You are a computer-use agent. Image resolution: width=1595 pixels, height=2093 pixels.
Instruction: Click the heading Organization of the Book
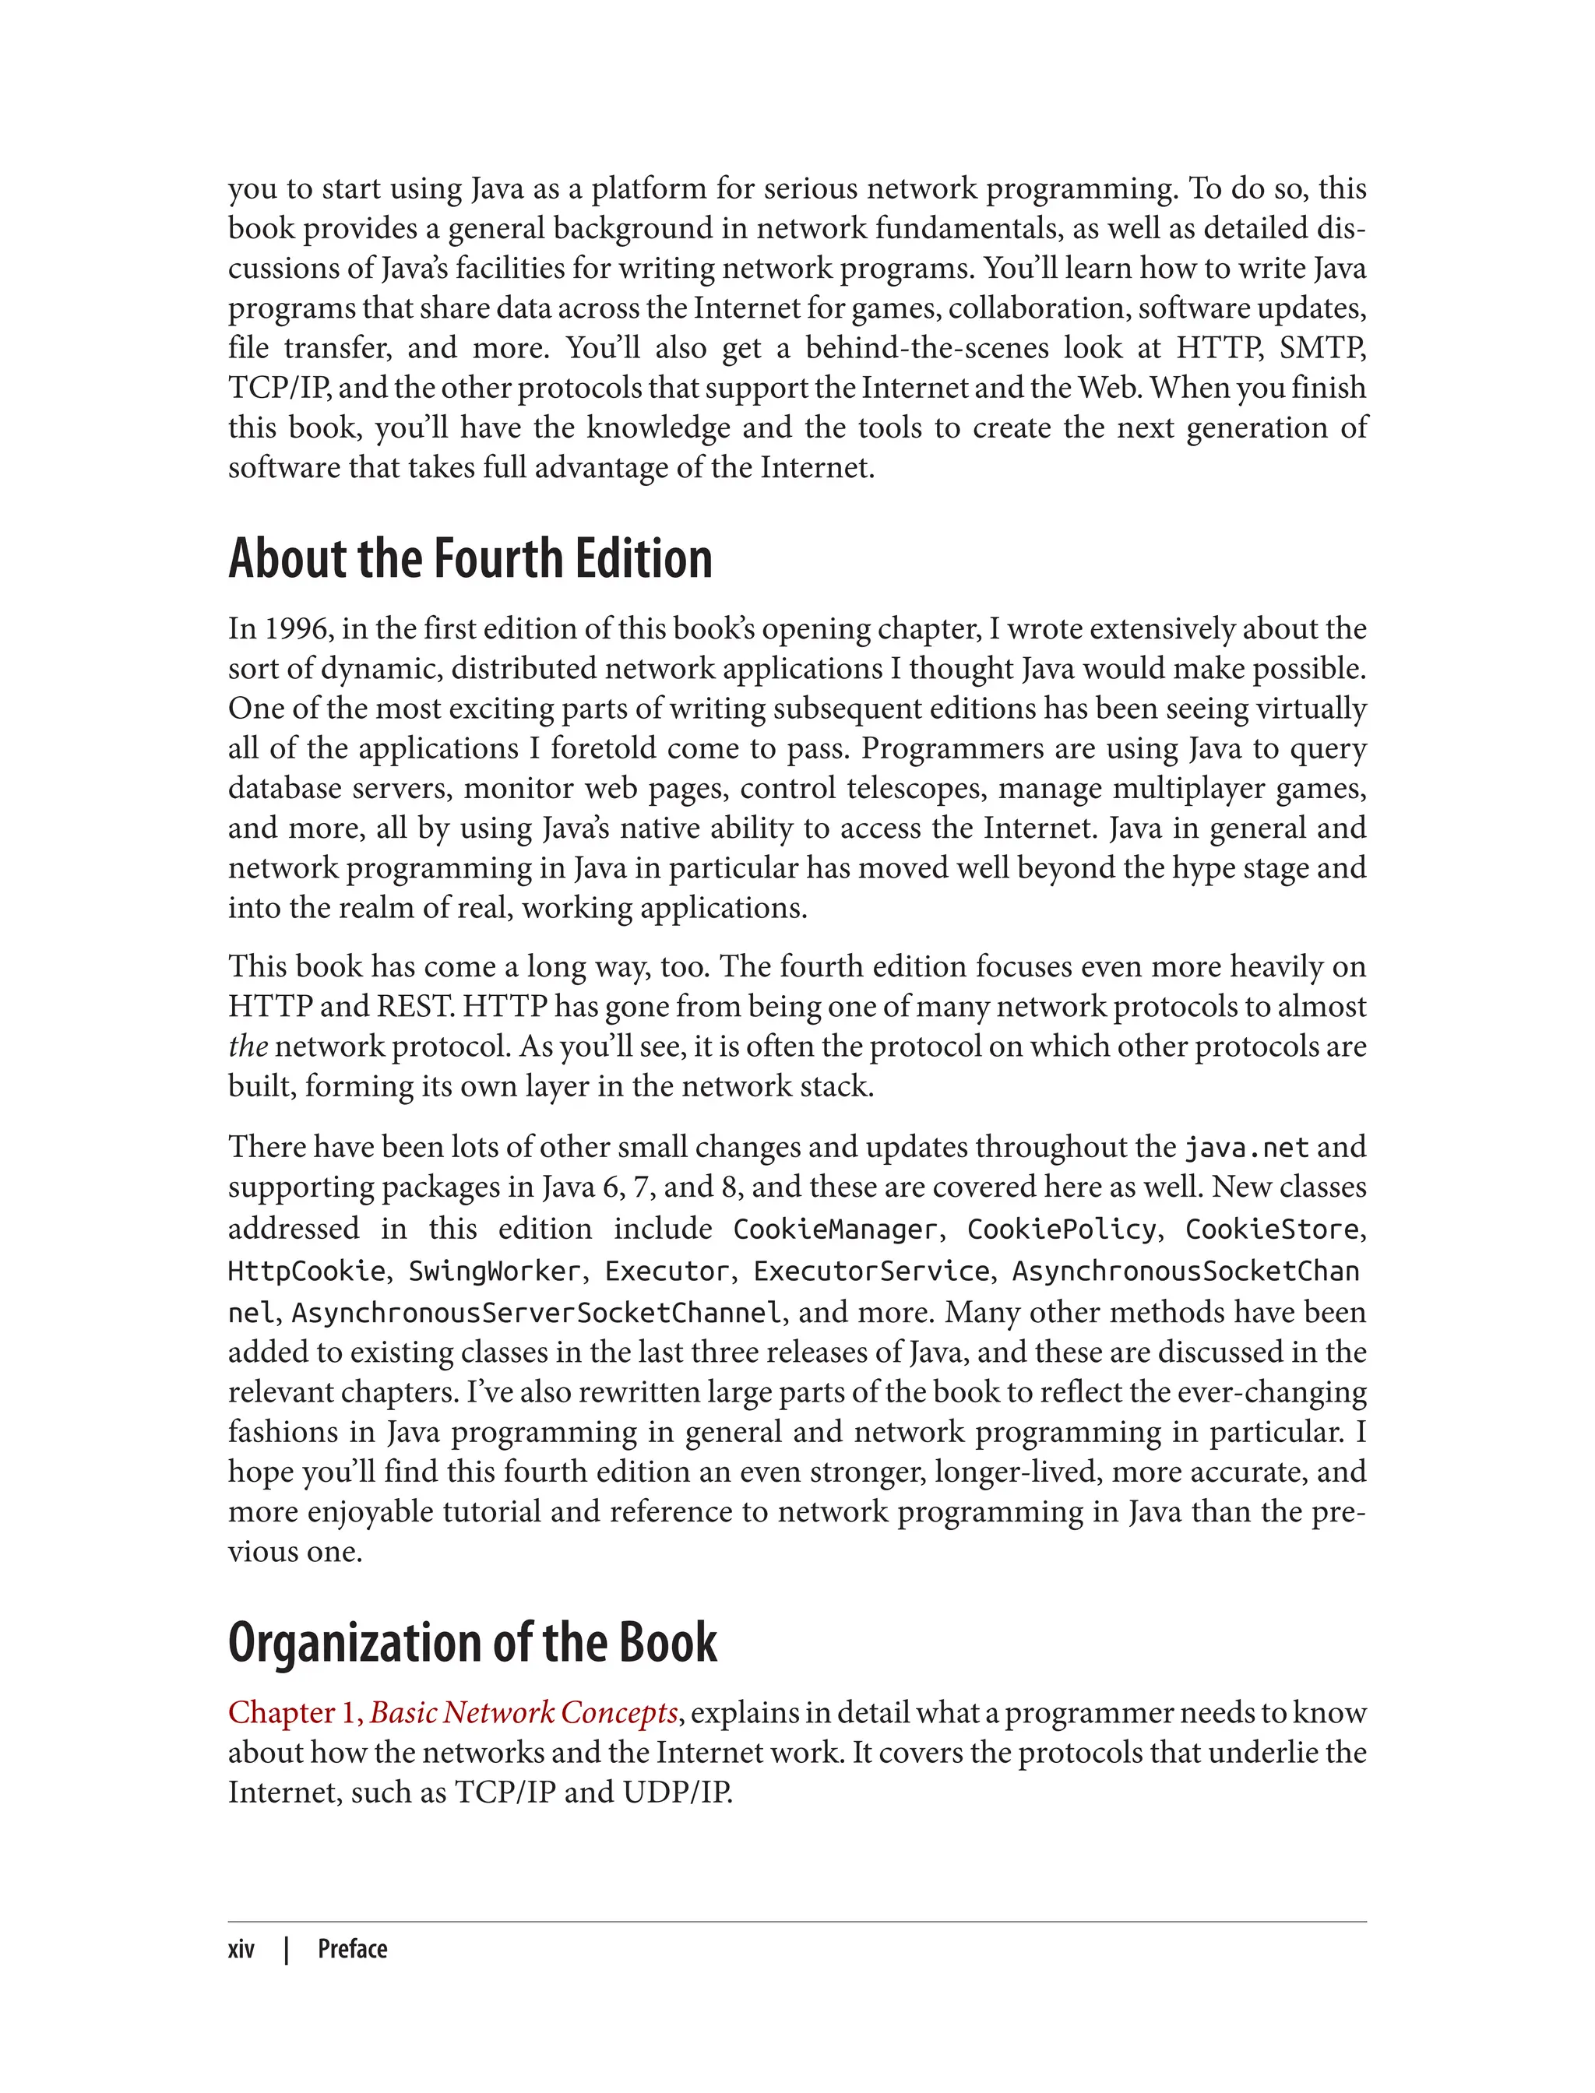coord(472,1642)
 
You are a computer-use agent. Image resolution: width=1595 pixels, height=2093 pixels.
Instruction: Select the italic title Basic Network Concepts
coord(523,1712)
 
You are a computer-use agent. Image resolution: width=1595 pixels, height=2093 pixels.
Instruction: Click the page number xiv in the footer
coord(241,1949)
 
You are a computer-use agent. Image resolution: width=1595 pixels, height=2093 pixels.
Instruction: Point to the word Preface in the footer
coord(352,1949)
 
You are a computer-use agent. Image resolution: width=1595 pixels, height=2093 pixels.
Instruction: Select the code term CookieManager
coord(835,1229)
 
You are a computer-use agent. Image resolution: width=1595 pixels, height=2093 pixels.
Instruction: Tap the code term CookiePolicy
coord(1062,1229)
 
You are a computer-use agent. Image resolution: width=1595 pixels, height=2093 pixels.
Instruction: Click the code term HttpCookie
coord(307,1271)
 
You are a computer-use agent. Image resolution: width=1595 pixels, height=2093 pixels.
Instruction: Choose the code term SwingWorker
coord(494,1271)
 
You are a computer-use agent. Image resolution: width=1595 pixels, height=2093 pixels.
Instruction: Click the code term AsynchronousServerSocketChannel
coord(537,1313)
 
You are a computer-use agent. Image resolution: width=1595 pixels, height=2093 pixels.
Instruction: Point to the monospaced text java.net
coord(1245,1148)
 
